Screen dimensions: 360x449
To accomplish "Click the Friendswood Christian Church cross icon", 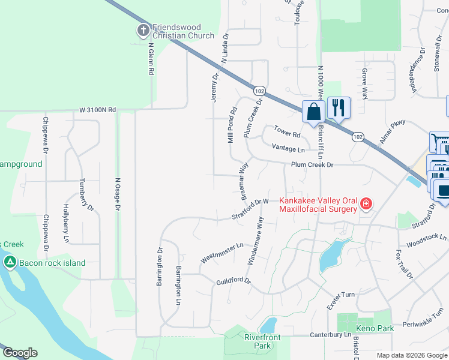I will tap(143, 30).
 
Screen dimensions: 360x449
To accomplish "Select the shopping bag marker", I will tap(313, 112).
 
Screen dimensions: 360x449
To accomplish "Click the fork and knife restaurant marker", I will tap(339, 108).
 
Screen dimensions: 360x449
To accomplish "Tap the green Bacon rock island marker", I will tap(10, 262).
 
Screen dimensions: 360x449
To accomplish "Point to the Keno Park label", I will tap(374, 328).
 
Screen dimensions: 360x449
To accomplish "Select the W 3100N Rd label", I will tap(97, 110).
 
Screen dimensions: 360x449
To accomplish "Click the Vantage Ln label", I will tap(288, 148).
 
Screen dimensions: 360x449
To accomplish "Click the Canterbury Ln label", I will tap(330, 334).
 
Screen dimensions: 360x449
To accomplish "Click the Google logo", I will tap(20, 353).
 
